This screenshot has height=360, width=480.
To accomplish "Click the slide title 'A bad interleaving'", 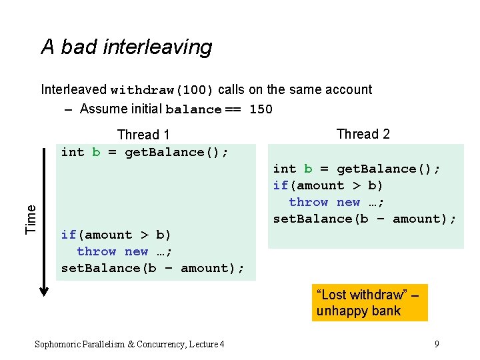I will tap(126, 47).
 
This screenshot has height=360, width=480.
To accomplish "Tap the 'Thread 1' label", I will tap(143, 135).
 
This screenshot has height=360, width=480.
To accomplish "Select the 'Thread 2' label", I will tap(363, 134).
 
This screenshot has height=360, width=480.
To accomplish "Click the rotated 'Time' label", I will tap(31, 219).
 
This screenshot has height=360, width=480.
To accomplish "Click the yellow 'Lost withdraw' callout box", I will tap(369, 303).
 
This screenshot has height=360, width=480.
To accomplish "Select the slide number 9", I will tap(436, 344).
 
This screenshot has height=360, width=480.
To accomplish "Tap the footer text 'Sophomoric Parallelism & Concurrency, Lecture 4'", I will tap(129, 344).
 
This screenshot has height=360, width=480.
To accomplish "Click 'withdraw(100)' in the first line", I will tap(162, 90).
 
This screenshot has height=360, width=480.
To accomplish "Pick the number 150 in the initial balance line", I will tap(261, 109).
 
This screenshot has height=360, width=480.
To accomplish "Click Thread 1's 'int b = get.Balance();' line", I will tap(145, 152).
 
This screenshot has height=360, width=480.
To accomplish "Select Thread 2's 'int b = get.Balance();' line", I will tap(357, 169).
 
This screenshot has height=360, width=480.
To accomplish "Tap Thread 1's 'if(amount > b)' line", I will tap(116, 235).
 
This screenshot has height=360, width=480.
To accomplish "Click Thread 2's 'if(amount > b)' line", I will tap(328, 185).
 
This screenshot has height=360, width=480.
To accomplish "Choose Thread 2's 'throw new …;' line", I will tap(337, 202).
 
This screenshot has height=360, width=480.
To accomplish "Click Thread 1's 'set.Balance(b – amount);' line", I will tap(153, 268).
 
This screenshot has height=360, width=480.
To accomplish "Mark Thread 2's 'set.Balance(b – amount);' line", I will tap(365, 219).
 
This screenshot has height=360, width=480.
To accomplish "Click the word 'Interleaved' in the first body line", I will tap(74, 89).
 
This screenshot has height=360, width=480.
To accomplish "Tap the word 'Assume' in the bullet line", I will tap(102, 109).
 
